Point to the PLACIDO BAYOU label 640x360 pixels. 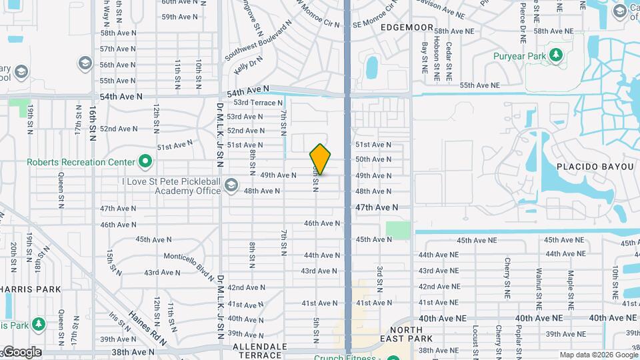pos(595,166)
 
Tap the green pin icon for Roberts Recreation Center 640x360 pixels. pos(145,162)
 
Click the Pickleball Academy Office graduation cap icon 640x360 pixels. pos(231,185)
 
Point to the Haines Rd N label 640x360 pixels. pos(147,327)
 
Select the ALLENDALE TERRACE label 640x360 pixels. pos(259,351)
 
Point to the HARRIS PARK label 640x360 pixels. pos(31,289)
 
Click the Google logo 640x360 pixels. pos(21,352)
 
